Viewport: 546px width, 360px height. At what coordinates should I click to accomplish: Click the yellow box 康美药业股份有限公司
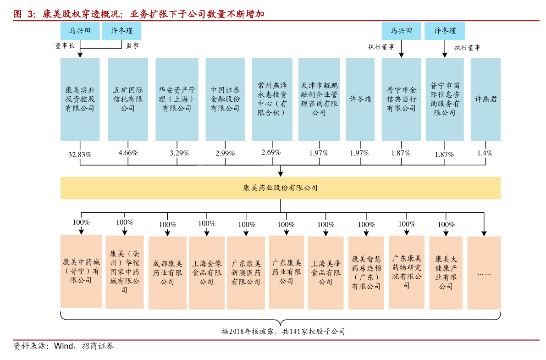[x=280, y=188]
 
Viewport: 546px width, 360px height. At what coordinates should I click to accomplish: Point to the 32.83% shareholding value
[x=80, y=155]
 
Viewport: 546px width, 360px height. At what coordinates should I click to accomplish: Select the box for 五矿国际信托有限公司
[x=128, y=100]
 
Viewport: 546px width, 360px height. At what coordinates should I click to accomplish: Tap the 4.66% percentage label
[x=128, y=153]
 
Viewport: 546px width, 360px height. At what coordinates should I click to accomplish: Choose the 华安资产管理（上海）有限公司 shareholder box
[x=177, y=100]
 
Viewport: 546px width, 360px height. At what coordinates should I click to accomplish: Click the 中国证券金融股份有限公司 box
[x=225, y=100]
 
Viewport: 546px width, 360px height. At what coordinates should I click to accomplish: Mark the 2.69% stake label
[x=271, y=152]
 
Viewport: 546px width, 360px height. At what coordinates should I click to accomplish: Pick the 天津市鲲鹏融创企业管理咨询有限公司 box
[x=319, y=100]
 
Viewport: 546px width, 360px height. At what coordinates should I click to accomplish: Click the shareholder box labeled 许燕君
[x=485, y=100]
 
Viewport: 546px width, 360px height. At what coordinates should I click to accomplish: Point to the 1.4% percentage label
[x=485, y=153]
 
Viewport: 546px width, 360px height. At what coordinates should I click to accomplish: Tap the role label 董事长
[x=65, y=46]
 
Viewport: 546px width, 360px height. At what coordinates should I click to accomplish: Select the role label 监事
[x=132, y=46]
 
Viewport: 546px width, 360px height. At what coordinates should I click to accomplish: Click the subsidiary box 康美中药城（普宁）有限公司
[x=81, y=271]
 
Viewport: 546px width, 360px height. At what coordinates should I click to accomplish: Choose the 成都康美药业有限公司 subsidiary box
[x=167, y=273]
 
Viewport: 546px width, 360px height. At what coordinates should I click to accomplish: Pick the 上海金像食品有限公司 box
[x=206, y=273]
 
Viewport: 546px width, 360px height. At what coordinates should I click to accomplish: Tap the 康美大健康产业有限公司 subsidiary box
[x=446, y=273]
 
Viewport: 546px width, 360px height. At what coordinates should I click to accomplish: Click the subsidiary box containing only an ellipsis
[x=484, y=273]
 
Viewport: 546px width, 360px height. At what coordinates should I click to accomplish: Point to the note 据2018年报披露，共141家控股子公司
[x=283, y=332]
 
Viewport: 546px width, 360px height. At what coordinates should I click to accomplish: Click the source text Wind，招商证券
[x=84, y=346]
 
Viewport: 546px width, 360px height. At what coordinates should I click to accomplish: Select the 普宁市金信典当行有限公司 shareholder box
[x=401, y=100]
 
